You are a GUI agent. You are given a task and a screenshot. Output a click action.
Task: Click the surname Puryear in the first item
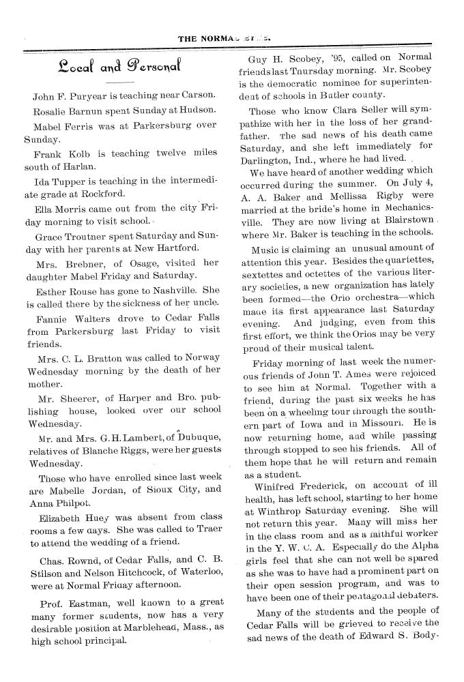[x=85, y=95]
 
